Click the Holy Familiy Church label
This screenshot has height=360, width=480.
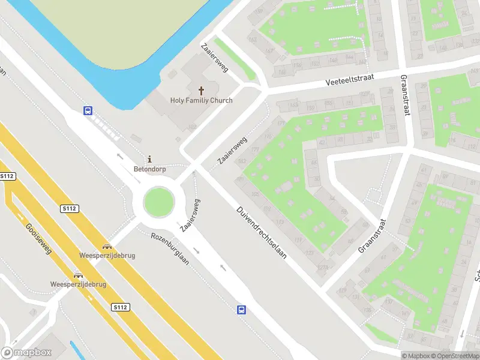(x=201, y=101)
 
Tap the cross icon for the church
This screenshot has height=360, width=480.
(x=201, y=91)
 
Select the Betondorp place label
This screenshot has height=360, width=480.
(x=149, y=169)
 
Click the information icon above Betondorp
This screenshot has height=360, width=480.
(x=149, y=159)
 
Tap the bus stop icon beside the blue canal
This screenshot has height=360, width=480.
(x=88, y=110)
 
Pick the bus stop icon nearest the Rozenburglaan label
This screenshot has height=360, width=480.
(x=241, y=310)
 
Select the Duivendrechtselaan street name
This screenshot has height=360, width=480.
(x=262, y=232)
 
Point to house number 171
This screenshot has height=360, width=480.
(x=281, y=123)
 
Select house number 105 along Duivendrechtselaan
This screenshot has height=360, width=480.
(x=256, y=194)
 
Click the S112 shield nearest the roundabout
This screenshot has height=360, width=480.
(x=70, y=208)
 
